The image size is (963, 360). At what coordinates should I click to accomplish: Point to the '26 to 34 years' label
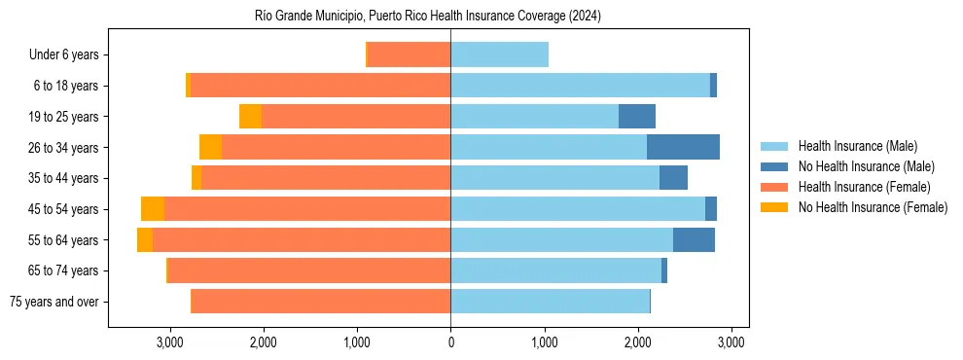pyautogui.click(x=63, y=147)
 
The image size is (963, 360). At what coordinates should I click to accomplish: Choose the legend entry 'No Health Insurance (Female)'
pyautogui.click(x=873, y=207)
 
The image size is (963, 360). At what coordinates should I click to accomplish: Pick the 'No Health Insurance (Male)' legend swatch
pyautogui.click(x=774, y=166)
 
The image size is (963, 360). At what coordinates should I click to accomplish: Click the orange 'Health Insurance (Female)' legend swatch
pyautogui.click(x=774, y=187)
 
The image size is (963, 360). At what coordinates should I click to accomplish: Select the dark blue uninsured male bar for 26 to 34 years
pyautogui.click(x=683, y=147)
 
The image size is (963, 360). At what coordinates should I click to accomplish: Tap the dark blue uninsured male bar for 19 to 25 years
pyautogui.click(x=637, y=117)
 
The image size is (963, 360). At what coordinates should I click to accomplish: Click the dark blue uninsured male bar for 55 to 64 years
pyautogui.click(x=694, y=239)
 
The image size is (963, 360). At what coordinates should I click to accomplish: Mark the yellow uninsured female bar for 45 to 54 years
pyautogui.click(x=153, y=208)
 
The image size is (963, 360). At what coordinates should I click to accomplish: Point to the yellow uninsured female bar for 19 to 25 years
pyautogui.click(x=250, y=117)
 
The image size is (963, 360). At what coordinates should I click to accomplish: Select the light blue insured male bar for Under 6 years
pyautogui.click(x=499, y=54)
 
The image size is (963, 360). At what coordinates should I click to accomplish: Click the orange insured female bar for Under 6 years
pyautogui.click(x=409, y=54)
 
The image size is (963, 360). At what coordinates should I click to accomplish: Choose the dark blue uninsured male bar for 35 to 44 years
pyautogui.click(x=673, y=178)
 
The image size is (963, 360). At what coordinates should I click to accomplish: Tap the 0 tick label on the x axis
pyautogui.click(x=450, y=342)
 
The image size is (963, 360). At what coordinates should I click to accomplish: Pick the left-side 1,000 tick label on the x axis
pyautogui.click(x=357, y=342)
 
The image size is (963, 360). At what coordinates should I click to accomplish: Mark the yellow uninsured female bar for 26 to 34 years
pyautogui.click(x=210, y=147)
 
